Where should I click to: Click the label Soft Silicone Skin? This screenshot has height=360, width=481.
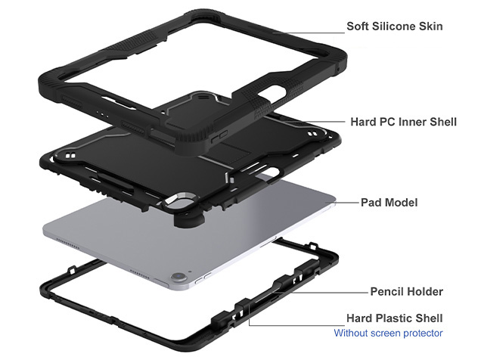[x=394, y=26]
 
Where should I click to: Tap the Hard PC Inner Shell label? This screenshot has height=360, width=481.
[x=403, y=122]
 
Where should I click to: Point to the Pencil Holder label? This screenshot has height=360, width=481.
[x=406, y=291]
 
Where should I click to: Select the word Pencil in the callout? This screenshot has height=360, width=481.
[x=387, y=291]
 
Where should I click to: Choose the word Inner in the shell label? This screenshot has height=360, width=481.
[x=409, y=122]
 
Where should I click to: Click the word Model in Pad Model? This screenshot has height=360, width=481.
[x=401, y=203]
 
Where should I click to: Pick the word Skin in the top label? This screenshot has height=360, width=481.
[x=430, y=26]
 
